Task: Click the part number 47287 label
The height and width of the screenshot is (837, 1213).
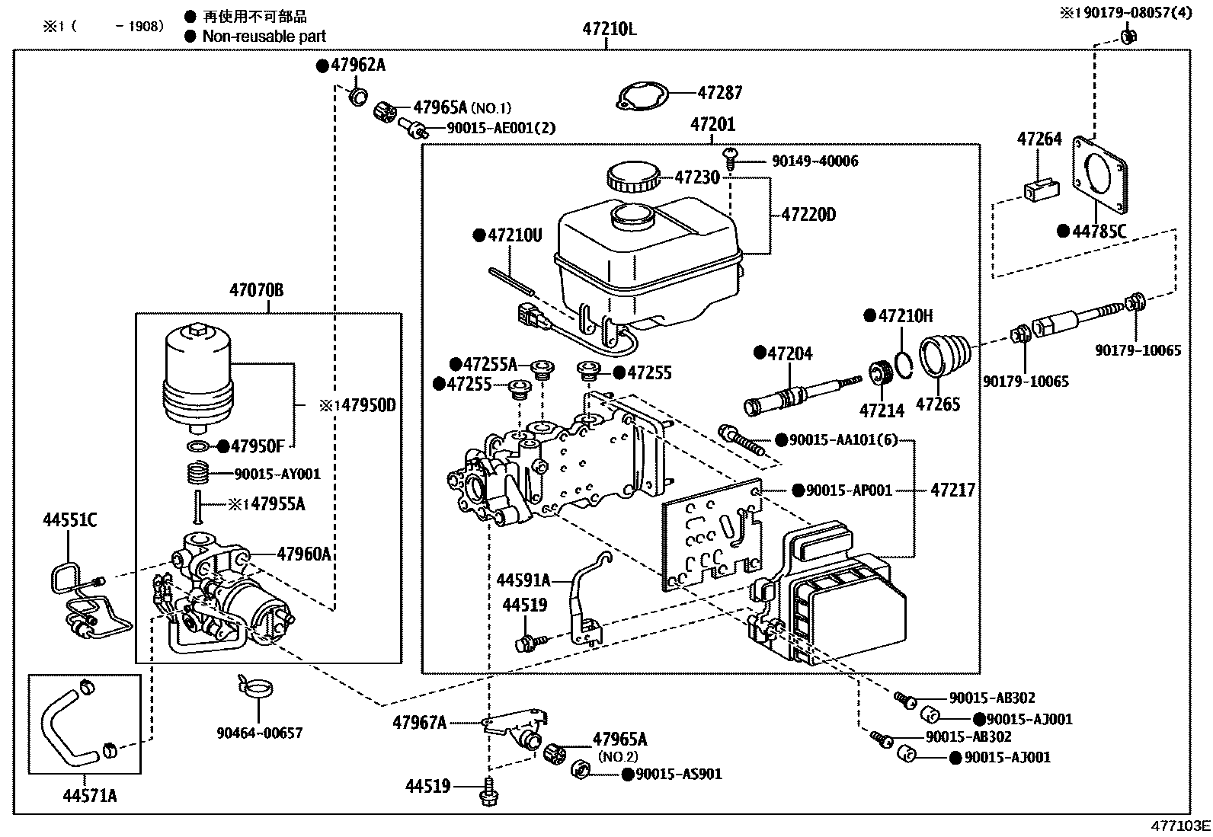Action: [720, 92]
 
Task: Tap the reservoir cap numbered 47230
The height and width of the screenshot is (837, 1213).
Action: [632, 177]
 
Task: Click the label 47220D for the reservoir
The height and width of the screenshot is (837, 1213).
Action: [808, 215]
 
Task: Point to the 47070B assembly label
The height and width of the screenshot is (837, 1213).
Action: [257, 290]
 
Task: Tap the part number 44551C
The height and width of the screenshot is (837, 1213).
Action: [69, 521]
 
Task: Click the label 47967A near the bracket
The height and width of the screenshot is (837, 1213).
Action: [419, 723]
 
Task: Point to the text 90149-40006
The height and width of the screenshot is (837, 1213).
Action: [815, 161]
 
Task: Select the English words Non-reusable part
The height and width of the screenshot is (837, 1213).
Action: [264, 36]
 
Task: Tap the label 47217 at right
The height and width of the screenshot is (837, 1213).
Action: [952, 490]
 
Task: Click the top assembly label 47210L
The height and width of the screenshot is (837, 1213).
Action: [609, 30]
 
